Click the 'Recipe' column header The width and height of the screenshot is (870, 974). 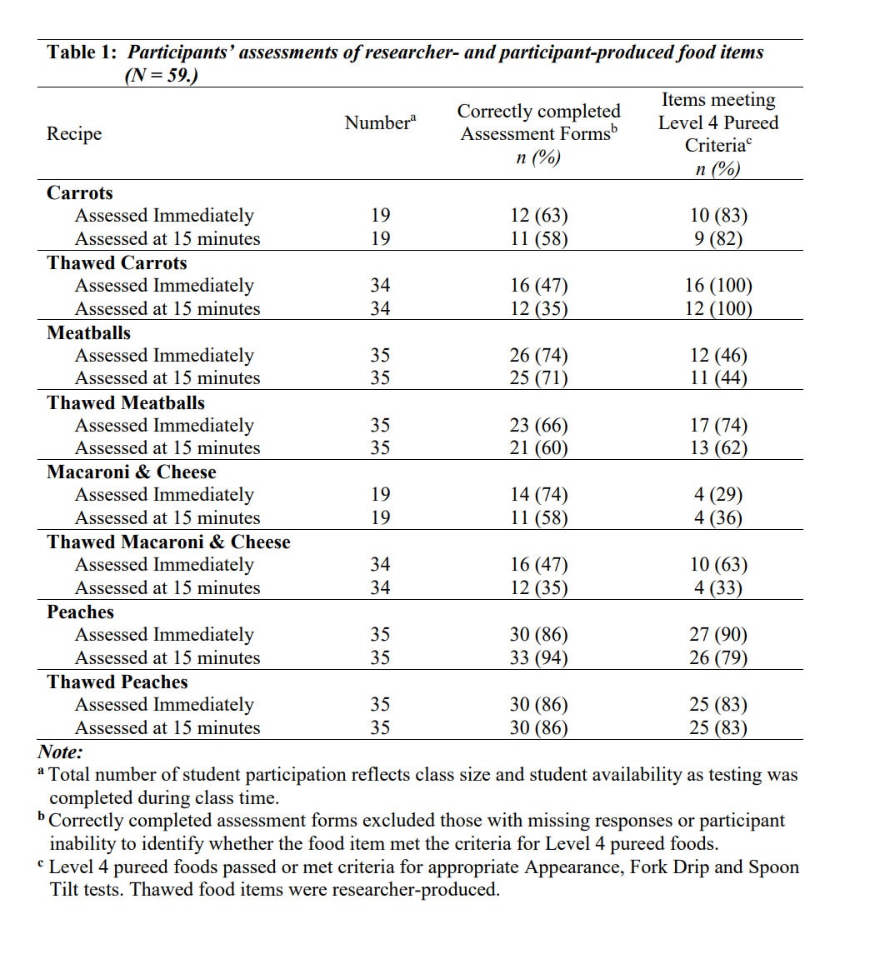pyautogui.click(x=74, y=134)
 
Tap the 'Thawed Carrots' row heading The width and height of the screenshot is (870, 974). pyautogui.click(x=117, y=263)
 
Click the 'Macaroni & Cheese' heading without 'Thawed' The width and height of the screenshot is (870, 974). pyautogui.click(x=131, y=472)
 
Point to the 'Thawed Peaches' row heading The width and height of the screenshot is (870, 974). pyautogui.click(x=117, y=682)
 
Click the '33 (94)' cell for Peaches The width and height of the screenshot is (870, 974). pyautogui.click(x=538, y=658)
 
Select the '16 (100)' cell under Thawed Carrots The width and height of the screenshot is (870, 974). pyautogui.click(x=718, y=286)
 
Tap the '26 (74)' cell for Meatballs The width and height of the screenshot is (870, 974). pyautogui.click(x=538, y=356)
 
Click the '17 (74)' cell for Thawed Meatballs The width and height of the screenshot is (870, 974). pyautogui.click(x=718, y=426)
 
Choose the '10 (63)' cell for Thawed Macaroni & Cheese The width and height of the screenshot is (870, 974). pyautogui.click(x=718, y=565)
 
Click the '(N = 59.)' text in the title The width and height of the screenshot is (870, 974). pyautogui.click(x=161, y=76)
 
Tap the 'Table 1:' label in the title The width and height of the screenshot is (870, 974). pyautogui.click(x=82, y=52)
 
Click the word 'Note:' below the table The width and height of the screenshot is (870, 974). pyautogui.click(x=60, y=752)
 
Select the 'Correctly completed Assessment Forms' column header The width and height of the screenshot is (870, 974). pyautogui.click(x=538, y=122)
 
